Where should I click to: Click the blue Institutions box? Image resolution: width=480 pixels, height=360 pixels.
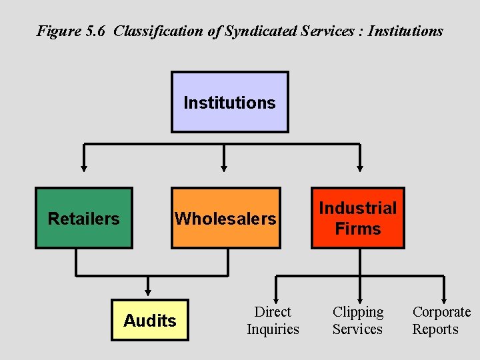pyautogui.click(x=230, y=102)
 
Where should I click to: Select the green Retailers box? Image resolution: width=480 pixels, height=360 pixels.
pyautogui.click(x=84, y=218)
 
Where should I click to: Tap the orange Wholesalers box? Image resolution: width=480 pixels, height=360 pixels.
pyautogui.click(x=225, y=218)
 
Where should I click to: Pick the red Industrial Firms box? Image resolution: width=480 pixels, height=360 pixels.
pyautogui.click(x=358, y=218)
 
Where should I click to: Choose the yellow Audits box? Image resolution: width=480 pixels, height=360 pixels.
pyautogui.click(x=150, y=320)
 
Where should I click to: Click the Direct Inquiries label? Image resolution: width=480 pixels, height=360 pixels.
pyautogui.click(x=273, y=320)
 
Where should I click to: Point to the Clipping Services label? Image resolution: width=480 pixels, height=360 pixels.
pyautogui.click(x=358, y=320)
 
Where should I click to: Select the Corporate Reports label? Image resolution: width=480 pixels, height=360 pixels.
pyautogui.click(x=441, y=320)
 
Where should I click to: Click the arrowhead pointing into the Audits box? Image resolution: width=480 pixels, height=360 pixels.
pyautogui.click(x=148, y=291)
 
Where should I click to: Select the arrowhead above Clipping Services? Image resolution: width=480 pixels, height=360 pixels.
pyautogui.click(x=360, y=298)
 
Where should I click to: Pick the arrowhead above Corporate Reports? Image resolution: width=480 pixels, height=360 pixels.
pyautogui.click(x=443, y=298)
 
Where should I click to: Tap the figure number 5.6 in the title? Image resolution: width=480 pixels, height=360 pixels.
pyautogui.click(x=95, y=31)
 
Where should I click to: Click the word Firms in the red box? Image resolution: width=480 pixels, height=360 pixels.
pyautogui.click(x=358, y=229)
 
